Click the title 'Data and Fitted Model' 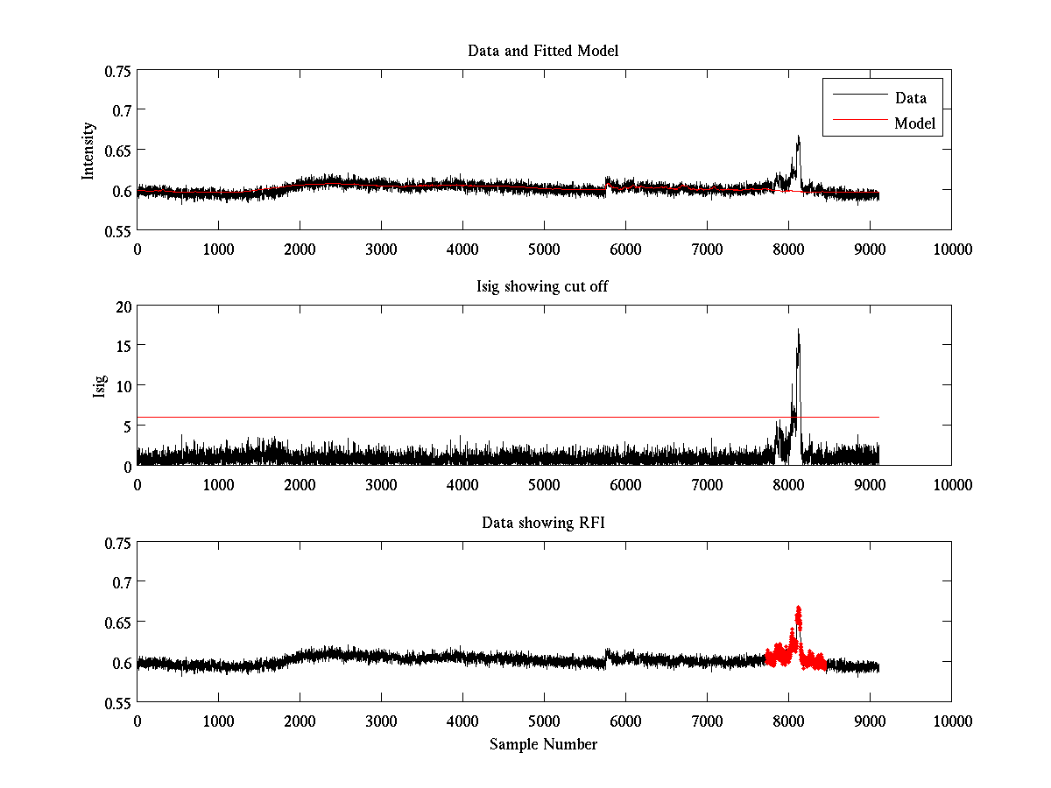(543, 51)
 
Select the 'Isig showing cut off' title (543, 287)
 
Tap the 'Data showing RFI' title (543, 523)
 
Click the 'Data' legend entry (910, 97)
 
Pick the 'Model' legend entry (914, 123)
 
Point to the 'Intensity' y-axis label (88, 151)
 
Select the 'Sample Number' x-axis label (543, 744)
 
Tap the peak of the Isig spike (798, 330)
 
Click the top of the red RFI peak (798, 607)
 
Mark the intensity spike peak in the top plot (798, 137)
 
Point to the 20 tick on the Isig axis (122, 306)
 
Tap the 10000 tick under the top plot (952, 249)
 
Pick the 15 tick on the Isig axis (122, 346)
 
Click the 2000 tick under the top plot (300, 249)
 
